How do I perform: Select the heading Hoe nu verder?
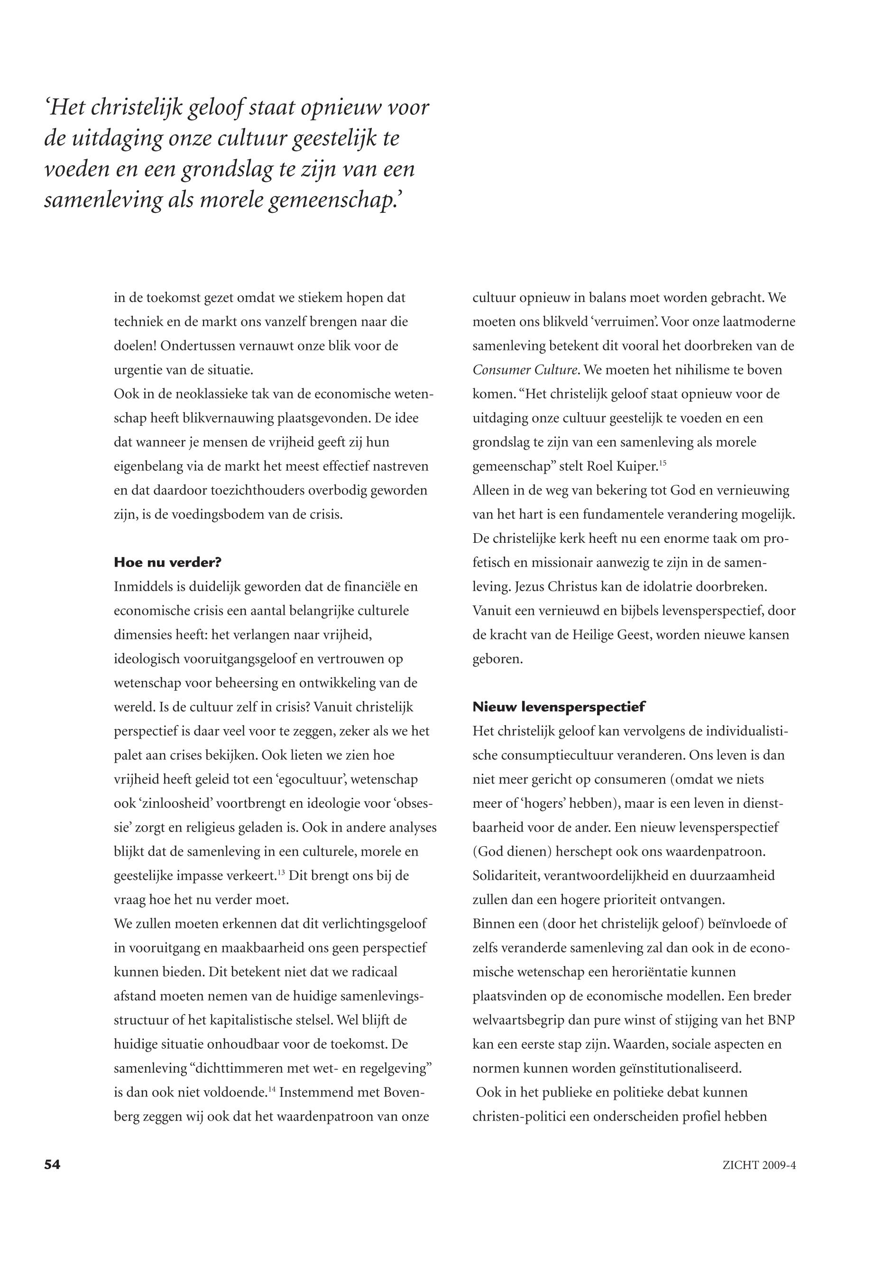[167, 562]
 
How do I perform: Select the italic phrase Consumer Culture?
[525, 370]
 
